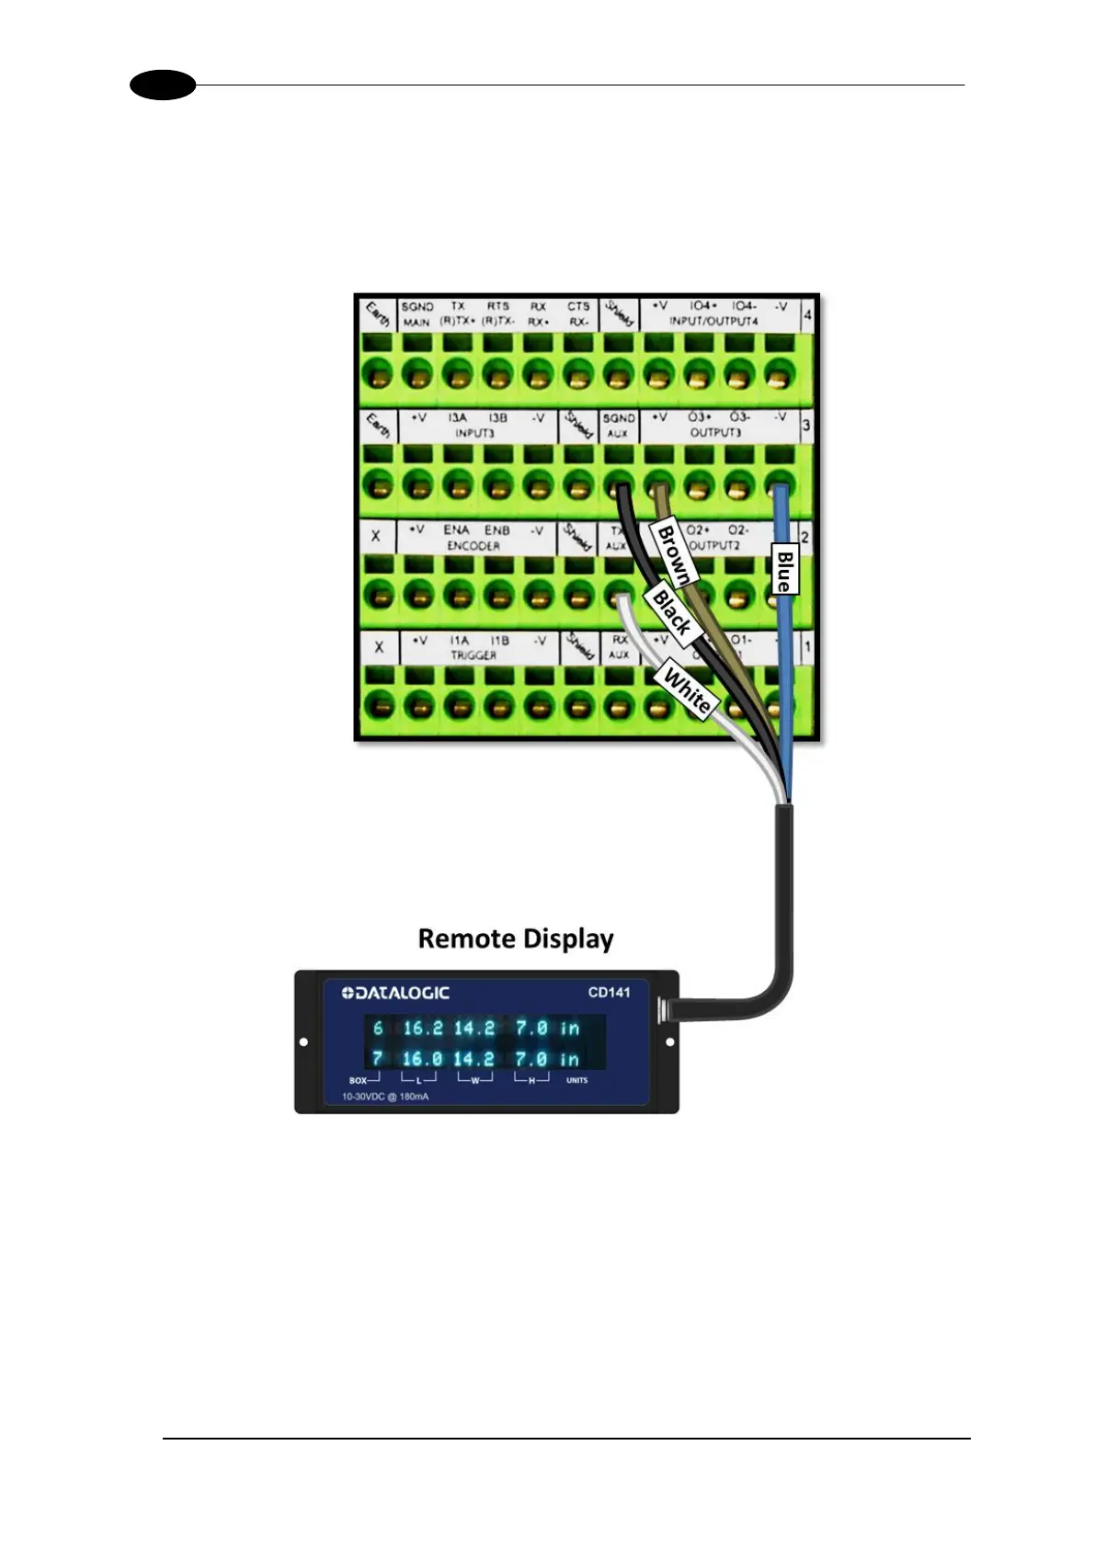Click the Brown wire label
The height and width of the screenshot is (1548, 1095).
674,553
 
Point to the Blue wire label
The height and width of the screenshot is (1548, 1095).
783,570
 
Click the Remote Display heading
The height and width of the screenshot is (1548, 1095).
515,939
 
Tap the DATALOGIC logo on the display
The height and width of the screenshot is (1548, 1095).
395,993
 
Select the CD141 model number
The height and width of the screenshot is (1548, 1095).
609,993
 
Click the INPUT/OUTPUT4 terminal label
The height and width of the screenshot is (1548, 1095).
713,322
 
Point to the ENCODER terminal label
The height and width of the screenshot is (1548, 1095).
473,546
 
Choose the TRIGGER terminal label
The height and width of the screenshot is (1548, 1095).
473,655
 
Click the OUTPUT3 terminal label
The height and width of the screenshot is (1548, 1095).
715,432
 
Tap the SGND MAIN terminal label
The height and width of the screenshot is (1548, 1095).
416,314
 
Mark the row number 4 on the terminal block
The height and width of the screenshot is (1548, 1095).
807,314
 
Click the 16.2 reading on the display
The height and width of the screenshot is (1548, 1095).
423,1028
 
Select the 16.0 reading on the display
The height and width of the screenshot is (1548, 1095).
422,1059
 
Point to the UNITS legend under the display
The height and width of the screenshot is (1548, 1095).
576,1080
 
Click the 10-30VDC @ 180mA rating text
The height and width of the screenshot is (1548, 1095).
385,1097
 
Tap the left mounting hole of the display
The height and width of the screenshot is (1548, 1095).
304,1042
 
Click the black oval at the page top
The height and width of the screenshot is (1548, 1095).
163,85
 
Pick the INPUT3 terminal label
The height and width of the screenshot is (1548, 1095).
474,433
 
